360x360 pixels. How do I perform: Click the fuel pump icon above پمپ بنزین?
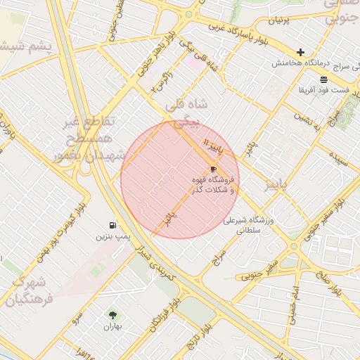(x=112, y=225)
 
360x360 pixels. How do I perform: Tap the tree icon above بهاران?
(x=112, y=315)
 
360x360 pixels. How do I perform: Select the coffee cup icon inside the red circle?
(x=213, y=169)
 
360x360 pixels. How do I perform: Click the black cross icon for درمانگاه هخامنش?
(x=301, y=52)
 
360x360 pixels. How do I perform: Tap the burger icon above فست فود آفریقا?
(x=323, y=79)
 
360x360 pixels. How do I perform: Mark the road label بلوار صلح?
(x=331, y=285)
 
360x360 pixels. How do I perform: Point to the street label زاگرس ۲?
(x=162, y=86)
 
